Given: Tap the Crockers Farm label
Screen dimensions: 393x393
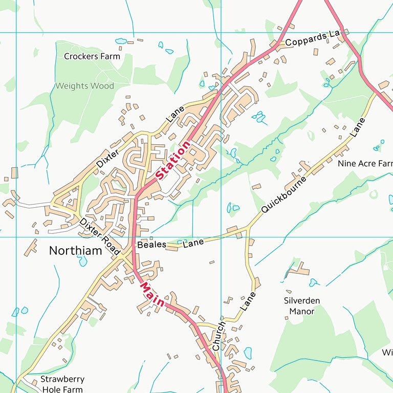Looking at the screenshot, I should tap(92, 56).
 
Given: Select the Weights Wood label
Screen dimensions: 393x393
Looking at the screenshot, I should tap(84, 86).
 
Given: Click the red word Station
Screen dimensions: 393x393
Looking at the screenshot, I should tap(173, 160).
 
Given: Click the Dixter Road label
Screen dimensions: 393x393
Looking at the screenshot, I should tap(99, 236).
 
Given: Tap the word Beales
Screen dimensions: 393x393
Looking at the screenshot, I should tap(151, 245).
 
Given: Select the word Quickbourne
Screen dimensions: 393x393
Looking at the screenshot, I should tap(283, 195).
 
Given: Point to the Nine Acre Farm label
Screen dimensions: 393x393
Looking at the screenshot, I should tap(365, 164).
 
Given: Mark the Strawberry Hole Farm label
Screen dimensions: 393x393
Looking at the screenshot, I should tap(62, 384).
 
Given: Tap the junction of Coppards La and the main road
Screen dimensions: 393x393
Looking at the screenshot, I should tap(278, 46).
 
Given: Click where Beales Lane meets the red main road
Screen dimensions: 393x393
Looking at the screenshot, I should tap(133, 248).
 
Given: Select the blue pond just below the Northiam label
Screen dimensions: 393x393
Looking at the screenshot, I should tap(82, 261).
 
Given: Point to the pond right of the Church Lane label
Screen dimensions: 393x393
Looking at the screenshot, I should tap(248, 353).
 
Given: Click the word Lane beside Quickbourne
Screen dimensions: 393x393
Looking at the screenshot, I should tap(358, 127).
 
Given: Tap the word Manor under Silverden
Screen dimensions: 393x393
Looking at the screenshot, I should tap(301, 311).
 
